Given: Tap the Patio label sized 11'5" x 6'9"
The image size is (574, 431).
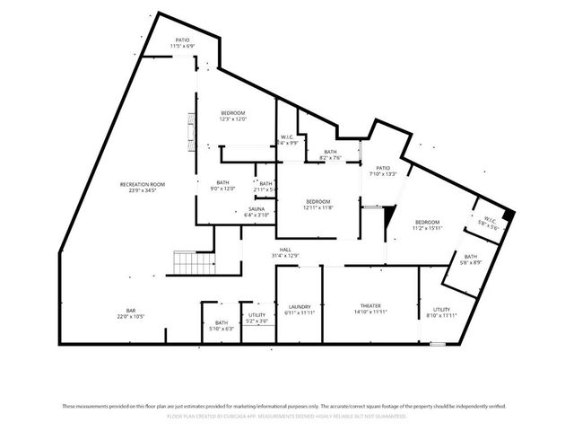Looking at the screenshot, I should point(182,42).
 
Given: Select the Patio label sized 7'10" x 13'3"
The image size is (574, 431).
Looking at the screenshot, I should point(383,171).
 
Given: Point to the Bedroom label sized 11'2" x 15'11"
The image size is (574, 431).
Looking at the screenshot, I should point(427,224).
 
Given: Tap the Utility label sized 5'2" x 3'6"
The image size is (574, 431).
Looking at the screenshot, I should point(257,318).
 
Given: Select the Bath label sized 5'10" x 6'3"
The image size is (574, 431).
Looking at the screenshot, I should point(222,325).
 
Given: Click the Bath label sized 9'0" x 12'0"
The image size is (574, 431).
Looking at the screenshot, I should point(222,185).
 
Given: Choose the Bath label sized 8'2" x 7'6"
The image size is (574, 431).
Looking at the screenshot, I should point(330,154).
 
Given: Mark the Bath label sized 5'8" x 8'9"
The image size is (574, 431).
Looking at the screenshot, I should point(471,259).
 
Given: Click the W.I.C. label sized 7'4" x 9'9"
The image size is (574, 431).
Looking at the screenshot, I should point(288,139).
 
